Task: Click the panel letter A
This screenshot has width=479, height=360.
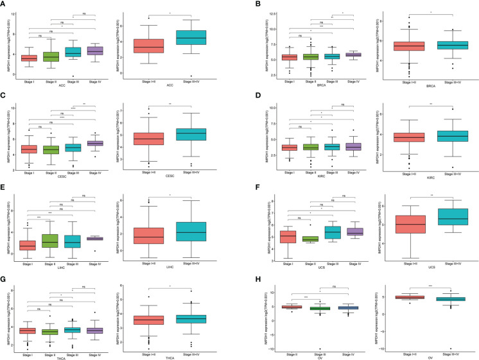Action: coord(4,4)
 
